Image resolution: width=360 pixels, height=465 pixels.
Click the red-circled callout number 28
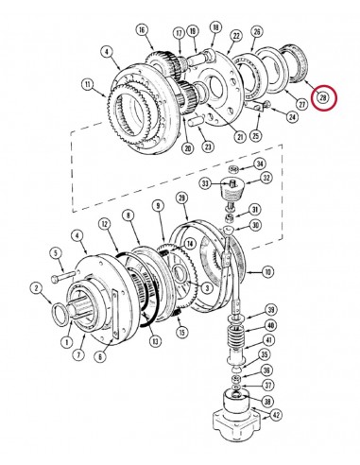[323, 96]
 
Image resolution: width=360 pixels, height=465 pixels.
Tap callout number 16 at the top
[144, 31]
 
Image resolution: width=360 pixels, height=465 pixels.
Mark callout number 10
[268, 272]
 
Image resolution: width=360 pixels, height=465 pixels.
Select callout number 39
[271, 310]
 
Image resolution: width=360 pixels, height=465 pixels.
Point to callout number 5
[56, 252]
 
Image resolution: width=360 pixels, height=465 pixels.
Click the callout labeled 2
[36, 288]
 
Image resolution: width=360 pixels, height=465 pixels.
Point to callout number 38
[267, 401]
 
